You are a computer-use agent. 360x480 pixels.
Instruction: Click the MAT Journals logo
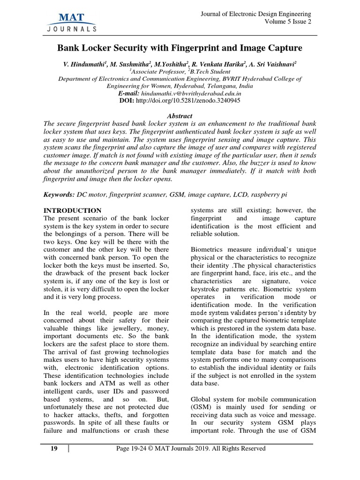coord(72,22)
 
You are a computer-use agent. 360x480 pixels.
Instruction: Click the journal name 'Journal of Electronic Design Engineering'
coord(255,14)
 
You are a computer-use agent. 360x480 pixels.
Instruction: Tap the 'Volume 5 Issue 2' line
coord(287,22)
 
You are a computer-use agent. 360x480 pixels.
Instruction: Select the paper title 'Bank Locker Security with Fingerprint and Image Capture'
coord(180,48)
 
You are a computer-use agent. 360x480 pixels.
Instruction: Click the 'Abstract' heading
coord(180,116)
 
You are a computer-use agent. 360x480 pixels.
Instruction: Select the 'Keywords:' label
coord(59,195)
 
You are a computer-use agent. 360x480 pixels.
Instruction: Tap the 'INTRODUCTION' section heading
coord(72,210)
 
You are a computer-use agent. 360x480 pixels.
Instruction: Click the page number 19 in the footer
coord(54,449)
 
